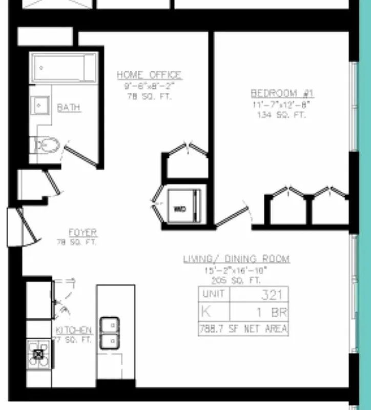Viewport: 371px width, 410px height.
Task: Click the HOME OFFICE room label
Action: pyautogui.click(x=149, y=75)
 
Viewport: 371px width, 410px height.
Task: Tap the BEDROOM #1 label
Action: pyautogui.click(x=282, y=93)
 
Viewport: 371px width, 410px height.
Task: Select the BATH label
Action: pyautogui.click(x=69, y=108)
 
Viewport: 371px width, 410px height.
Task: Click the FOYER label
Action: pyautogui.click(x=83, y=233)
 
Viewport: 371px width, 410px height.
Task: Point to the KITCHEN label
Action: pyautogui.click(x=74, y=330)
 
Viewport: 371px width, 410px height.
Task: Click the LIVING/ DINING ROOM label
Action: pyautogui.click(x=236, y=259)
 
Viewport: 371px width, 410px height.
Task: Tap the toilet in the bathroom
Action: pyautogui.click(x=47, y=146)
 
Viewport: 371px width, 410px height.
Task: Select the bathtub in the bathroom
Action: pyautogui.click(x=64, y=68)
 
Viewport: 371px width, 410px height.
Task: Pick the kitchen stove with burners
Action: pyautogui.click(x=38, y=354)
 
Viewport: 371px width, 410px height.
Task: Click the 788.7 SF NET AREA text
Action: pyautogui.click(x=243, y=329)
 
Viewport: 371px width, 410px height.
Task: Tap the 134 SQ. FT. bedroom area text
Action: pyautogui.click(x=281, y=115)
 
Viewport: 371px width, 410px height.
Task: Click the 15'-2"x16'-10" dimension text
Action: pyautogui.click(x=236, y=271)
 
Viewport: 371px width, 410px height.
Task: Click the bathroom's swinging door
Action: pyautogui.click(x=81, y=154)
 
